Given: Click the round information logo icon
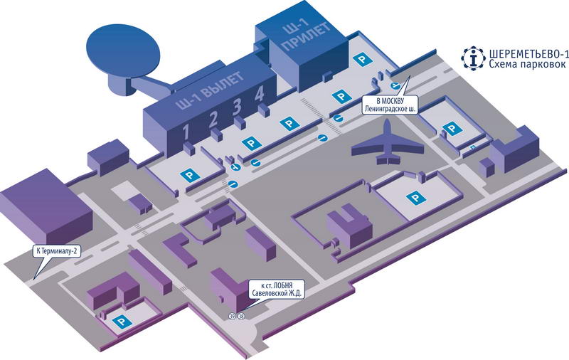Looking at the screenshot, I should pos(472,58).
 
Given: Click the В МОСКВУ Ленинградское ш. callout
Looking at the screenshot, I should pos(388,104).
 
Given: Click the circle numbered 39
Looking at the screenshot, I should pos(233,316).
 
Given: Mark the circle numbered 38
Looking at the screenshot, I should pos(241,316).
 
